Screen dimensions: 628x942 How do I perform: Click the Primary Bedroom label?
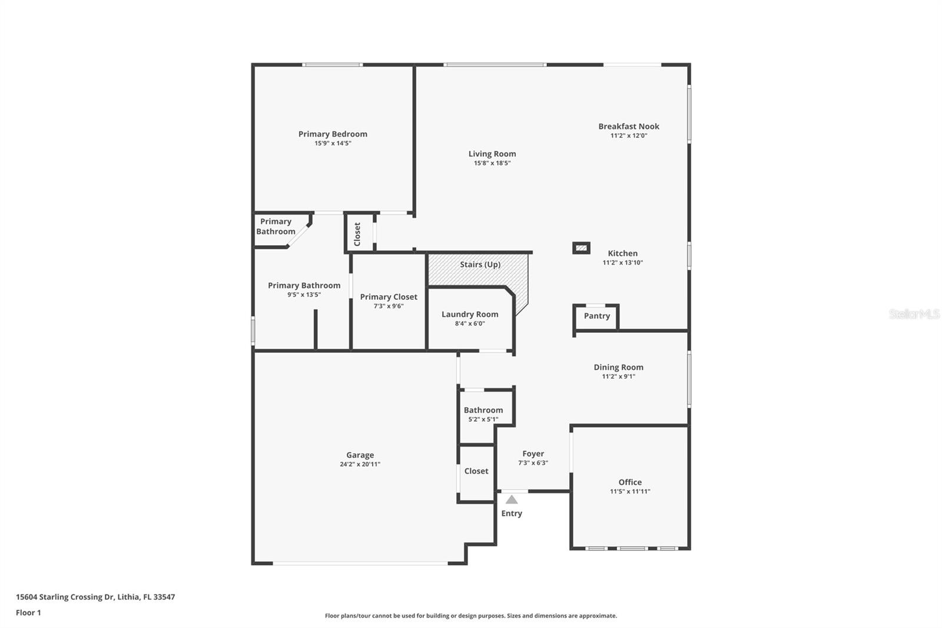pyautogui.click(x=333, y=134)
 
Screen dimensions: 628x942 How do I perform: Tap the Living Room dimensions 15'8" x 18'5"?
pyautogui.click(x=492, y=163)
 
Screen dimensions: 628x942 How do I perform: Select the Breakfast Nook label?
pyautogui.click(x=629, y=126)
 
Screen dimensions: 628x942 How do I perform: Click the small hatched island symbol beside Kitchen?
pyautogui.click(x=581, y=248)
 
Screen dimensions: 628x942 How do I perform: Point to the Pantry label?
pyautogui.click(x=596, y=316)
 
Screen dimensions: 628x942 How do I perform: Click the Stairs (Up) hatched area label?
pyautogui.click(x=480, y=265)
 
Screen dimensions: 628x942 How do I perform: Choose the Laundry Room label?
pyautogui.click(x=470, y=314)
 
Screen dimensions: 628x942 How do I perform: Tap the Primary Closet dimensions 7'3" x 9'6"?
pyautogui.click(x=389, y=306)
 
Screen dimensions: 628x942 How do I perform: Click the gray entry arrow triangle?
pyautogui.click(x=512, y=500)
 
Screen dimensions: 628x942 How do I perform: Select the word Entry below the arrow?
pyautogui.click(x=512, y=514)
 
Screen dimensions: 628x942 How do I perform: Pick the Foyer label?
pyautogui.click(x=533, y=454)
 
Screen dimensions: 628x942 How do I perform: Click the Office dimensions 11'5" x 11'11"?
pyautogui.click(x=630, y=491)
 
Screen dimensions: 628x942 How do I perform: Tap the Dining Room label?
pyautogui.click(x=618, y=367)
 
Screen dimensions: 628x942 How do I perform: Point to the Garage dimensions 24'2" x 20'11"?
pyautogui.click(x=360, y=464)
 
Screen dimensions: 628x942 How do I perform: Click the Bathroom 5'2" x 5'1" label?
pyautogui.click(x=483, y=410)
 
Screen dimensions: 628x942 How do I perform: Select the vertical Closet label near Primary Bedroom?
pyautogui.click(x=357, y=234)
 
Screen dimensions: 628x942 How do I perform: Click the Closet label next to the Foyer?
pyautogui.click(x=476, y=471)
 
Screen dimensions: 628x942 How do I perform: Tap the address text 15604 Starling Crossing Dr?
pyautogui.click(x=65, y=597)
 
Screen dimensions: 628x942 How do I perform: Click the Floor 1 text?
pyautogui.click(x=28, y=613)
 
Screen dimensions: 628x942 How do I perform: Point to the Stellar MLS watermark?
pyautogui.click(x=914, y=314)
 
